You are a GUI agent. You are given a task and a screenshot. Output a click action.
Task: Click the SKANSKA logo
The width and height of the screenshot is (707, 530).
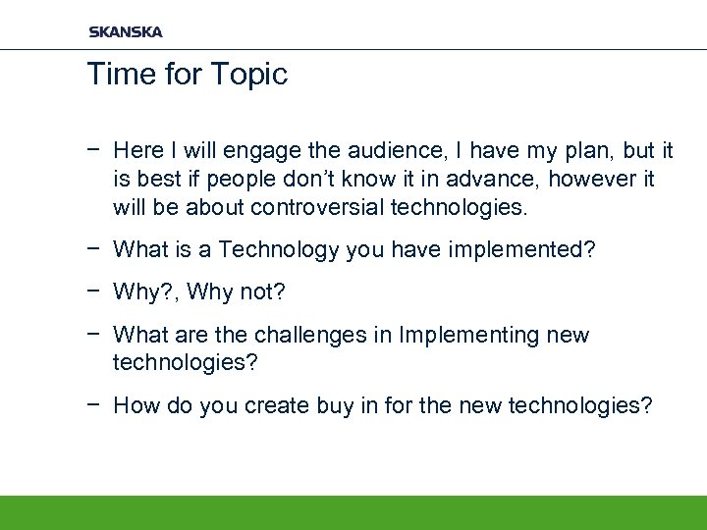coord(126,31)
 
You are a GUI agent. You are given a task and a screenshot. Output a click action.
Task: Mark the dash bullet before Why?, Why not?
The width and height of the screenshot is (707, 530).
coord(93,292)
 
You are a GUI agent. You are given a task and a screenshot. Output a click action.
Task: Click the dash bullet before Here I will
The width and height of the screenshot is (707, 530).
coord(93,151)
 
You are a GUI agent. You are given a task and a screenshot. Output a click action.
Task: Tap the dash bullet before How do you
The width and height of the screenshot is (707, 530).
coord(93,406)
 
